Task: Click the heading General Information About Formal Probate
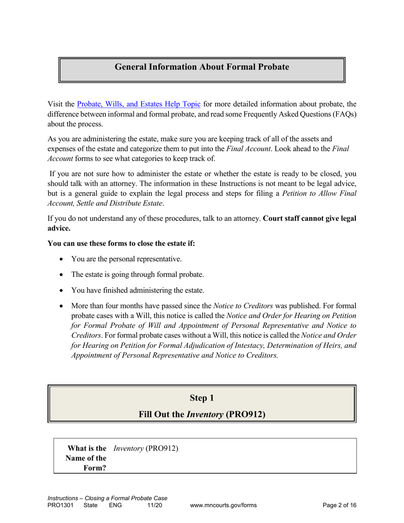pos(202,67)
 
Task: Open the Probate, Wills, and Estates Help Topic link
pos(139,104)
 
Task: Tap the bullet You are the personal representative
pos(126,259)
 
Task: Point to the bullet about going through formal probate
pos(137,275)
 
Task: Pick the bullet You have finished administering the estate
pos(138,290)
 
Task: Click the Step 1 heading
pos(202,398)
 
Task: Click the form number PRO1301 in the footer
pos(60,505)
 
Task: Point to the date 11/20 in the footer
pos(154,505)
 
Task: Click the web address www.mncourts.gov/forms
pos(223,505)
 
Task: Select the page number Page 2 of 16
pos(339,505)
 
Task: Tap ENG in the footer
pos(115,505)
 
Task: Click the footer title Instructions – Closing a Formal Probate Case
pos(107,498)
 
